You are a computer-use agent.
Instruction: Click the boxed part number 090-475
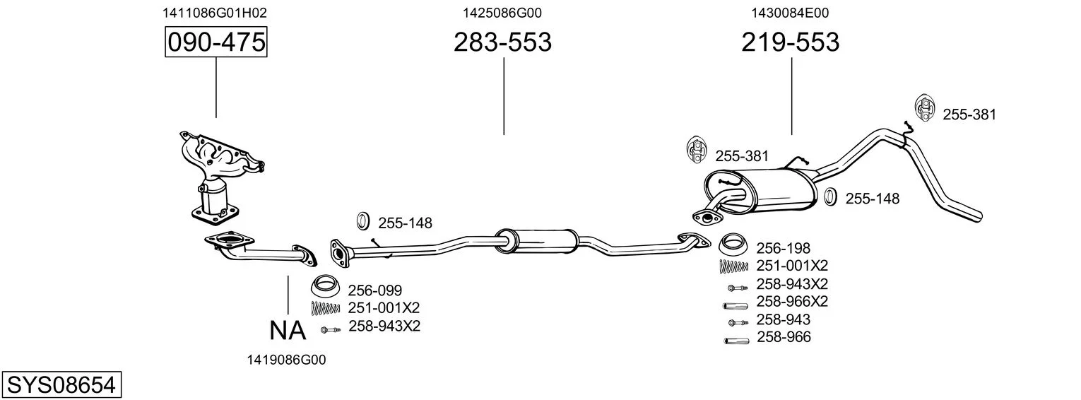click(x=215, y=42)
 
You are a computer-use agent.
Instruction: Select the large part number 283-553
click(x=502, y=42)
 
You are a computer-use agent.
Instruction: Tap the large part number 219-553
click(x=791, y=42)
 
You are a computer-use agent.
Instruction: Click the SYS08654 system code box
click(x=61, y=385)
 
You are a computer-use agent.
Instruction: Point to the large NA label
click(x=288, y=331)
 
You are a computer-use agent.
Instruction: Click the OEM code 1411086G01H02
click(x=214, y=13)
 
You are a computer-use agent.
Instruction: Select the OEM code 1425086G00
click(x=502, y=13)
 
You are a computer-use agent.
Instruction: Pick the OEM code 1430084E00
click(x=789, y=13)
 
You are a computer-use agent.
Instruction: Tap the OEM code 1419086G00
click(x=287, y=360)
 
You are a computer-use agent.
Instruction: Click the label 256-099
click(x=375, y=290)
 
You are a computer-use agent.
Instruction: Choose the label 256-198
click(x=784, y=248)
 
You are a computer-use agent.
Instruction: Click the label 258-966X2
click(x=792, y=301)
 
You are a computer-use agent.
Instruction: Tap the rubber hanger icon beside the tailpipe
click(x=924, y=109)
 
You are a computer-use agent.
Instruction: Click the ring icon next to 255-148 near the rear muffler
click(x=830, y=197)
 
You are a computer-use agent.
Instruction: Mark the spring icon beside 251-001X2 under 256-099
click(x=326, y=308)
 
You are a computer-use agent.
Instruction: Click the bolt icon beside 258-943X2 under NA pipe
click(x=331, y=330)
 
